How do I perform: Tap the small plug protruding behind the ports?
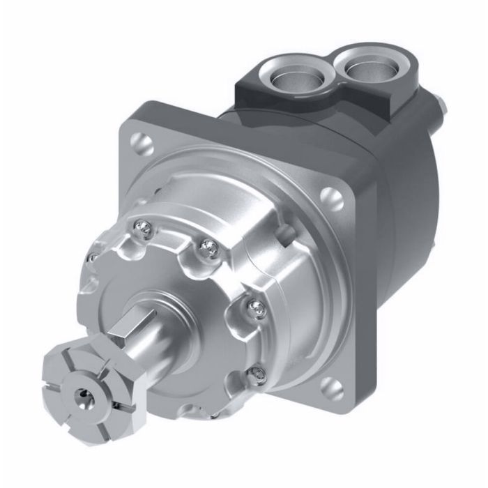(x=441, y=105)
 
